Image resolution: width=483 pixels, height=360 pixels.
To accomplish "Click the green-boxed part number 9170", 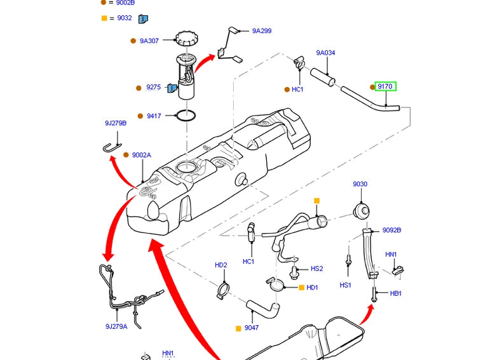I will click(x=385, y=86).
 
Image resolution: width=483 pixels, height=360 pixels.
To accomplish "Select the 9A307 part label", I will click(x=149, y=41).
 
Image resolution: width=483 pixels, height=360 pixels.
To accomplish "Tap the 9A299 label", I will click(x=262, y=30).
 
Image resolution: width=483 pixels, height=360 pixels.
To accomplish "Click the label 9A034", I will click(x=325, y=53).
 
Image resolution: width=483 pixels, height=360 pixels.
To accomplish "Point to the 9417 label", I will click(x=154, y=116).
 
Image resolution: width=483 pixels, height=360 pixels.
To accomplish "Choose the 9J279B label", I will click(x=116, y=123).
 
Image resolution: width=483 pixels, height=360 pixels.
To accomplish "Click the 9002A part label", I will click(x=142, y=155).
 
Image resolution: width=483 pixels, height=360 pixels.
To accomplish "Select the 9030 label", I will click(x=360, y=184).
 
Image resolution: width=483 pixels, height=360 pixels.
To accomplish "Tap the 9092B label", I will click(x=391, y=230).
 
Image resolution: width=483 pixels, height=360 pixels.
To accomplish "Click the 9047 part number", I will click(x=252, y=328).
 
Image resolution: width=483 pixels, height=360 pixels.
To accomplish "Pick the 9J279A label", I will click(x=116, y=326).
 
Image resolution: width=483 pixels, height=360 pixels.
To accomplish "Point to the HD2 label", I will click(x=221, y=265).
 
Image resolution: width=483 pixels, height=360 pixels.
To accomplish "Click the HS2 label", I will click(x=316, y=269).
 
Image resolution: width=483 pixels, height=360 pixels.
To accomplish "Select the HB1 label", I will click(x=396, y=293).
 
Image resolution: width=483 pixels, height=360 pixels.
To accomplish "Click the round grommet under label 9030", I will click(x=361, y=210).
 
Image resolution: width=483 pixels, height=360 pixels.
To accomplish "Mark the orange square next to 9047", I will click(x=238, y=328).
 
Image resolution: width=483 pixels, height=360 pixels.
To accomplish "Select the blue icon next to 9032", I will click(x=144, y=18).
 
